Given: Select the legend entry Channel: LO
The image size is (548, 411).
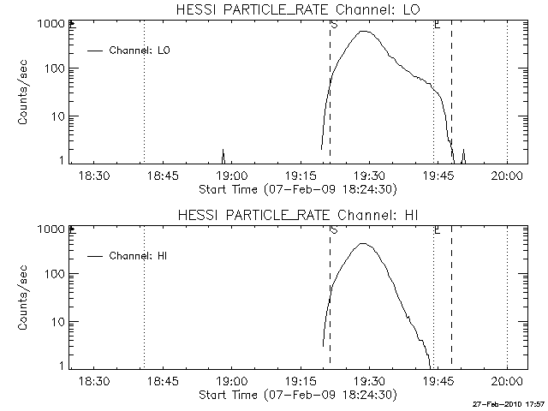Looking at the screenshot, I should [x=140, y=51].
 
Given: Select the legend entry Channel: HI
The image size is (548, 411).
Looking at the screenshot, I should [x=140, y=255].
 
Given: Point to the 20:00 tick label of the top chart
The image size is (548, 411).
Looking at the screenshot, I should [x=507, y=176].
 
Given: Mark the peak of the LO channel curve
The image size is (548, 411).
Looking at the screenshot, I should [x=366, y=31].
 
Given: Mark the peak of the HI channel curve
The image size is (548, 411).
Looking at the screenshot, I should [x=364, y=244].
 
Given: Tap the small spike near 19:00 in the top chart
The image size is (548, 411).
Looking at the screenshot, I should [x=223, y=154].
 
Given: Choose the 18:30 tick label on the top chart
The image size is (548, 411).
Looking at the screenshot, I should [x=94, y=176].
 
